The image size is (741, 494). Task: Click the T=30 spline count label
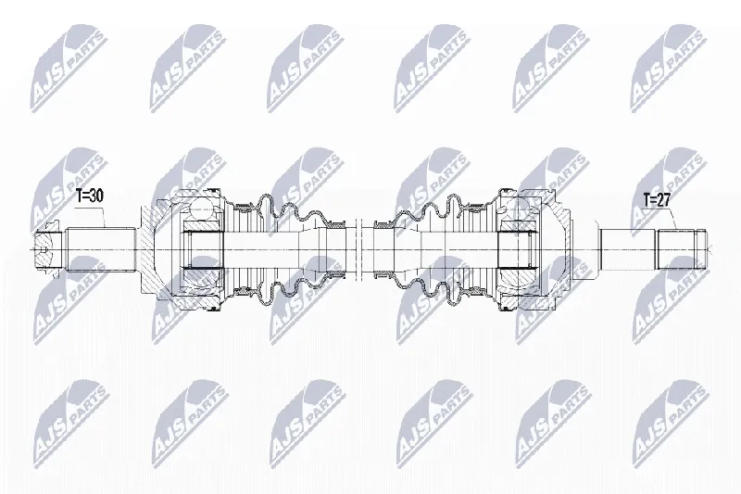(90, 196)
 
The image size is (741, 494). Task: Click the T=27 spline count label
(657, 200)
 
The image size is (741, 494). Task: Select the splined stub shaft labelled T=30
(101, 249)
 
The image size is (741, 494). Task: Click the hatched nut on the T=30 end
(47, 249)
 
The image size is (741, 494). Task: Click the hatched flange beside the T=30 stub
(150, 249)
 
